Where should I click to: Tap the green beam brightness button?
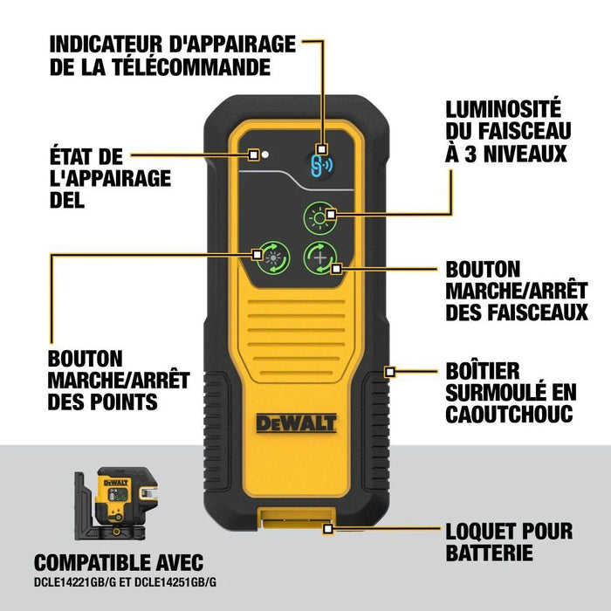[x=319, y=217]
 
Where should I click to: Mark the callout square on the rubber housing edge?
[x=390, y=371]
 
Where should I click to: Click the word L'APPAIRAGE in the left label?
[x=109, y=178]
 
